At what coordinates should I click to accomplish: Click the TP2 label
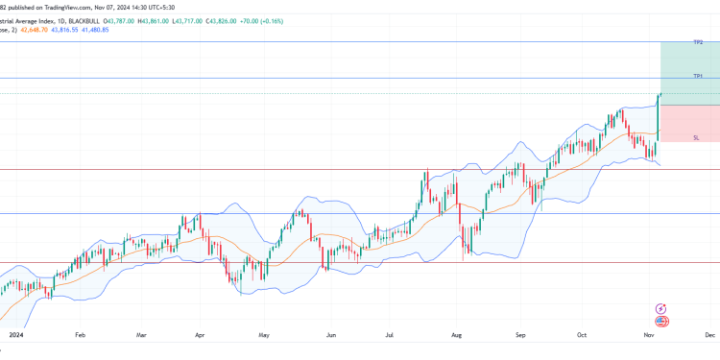pos(698,42)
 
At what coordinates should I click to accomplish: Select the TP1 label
pos(698,75)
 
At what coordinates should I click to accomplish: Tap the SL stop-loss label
pos(696,137)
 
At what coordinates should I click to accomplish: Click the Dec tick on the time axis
pos(709,336)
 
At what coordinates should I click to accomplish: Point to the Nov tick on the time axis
pos(649,336)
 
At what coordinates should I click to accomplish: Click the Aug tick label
pos(456,336)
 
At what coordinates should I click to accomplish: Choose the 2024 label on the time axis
pos(14,336)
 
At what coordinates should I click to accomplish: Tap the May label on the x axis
pos(264,336)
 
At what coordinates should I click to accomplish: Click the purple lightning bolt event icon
pos(660,308)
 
